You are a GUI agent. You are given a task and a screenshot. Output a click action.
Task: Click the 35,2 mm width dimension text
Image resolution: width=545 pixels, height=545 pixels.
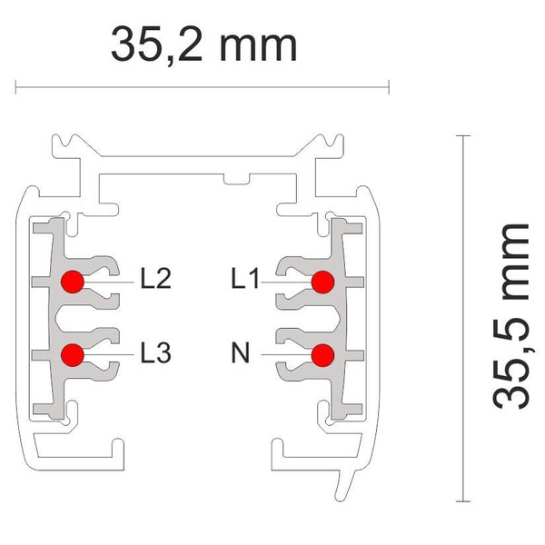(203, 43)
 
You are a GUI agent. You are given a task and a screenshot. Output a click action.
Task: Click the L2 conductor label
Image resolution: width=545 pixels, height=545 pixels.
(156, 278)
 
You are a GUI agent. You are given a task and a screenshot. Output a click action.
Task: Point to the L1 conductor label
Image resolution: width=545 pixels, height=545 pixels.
(245, 278)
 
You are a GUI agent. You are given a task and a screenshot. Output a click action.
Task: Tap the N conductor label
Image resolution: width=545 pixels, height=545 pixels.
(240, 351)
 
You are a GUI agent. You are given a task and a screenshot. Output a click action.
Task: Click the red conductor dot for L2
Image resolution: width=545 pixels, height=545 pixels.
(73, 282)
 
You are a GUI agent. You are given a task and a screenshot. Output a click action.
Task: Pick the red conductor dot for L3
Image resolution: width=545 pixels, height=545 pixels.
(73, 353)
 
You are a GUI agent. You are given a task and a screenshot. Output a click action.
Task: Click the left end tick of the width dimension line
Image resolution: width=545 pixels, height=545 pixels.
(16, 88)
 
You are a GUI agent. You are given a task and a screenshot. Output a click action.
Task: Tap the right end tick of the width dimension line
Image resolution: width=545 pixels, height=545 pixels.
(389, 88)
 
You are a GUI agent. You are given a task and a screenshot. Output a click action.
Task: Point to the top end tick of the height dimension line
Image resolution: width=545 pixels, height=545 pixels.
(464, 135)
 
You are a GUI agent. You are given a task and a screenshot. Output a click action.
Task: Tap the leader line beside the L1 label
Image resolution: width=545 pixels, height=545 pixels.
(286, 282)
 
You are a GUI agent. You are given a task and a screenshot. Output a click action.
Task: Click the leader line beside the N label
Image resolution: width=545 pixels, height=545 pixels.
(286, 353)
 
